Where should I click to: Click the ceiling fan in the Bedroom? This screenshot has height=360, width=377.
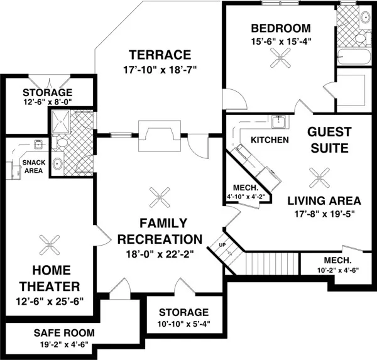point(280,58)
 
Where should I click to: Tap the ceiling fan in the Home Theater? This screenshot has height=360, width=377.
point(50,245)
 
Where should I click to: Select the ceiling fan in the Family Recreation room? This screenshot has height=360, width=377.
point(160,197)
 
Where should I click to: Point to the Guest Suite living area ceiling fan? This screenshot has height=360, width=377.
point(320,178)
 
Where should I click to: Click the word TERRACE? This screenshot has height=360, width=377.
point(160,55)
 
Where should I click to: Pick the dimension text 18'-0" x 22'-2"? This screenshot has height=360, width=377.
point(160,254)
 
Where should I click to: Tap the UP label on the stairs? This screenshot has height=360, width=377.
point(222,245)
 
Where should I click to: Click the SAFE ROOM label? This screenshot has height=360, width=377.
point(64,333)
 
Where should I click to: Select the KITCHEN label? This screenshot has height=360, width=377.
point(270,140)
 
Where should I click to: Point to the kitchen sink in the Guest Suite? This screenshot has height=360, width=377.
point(278,122)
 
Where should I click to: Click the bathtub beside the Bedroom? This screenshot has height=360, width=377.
point(353,57)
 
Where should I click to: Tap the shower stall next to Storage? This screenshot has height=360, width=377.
point(61,122)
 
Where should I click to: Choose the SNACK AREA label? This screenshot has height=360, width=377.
point(34,166)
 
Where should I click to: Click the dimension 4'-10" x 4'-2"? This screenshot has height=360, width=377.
point(246,197)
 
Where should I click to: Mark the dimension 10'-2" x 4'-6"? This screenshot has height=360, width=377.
point(338,271)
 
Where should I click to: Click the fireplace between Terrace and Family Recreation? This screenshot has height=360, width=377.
point(160,136)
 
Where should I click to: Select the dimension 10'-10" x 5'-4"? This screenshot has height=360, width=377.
point(184,324)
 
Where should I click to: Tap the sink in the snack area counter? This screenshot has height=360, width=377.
point(38,145)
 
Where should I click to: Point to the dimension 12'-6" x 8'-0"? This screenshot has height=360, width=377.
point(48,102)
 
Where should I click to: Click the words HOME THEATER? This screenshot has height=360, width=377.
point(50,278)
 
